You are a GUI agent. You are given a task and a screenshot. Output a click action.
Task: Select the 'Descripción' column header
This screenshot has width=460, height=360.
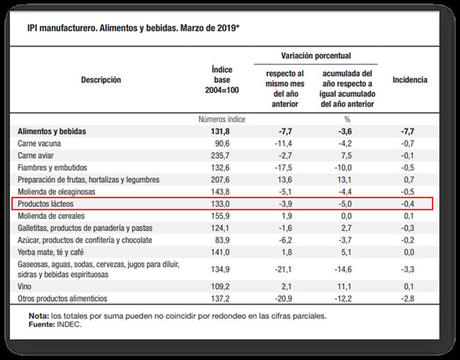pos(101,80)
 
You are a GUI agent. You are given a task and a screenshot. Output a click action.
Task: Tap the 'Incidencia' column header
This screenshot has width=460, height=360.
pos(410,80)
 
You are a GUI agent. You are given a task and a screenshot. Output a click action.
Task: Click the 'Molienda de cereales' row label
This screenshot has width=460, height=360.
pos(52,216)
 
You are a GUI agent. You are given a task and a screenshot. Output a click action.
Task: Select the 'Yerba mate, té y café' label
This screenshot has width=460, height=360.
pos(52,252)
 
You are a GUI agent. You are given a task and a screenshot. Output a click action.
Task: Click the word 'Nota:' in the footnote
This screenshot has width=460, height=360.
pos(38,316)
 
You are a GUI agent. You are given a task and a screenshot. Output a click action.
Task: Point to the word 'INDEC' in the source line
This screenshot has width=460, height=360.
pos(68,324)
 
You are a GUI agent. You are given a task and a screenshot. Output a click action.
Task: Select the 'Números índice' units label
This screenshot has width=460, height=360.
pos(222,119)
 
